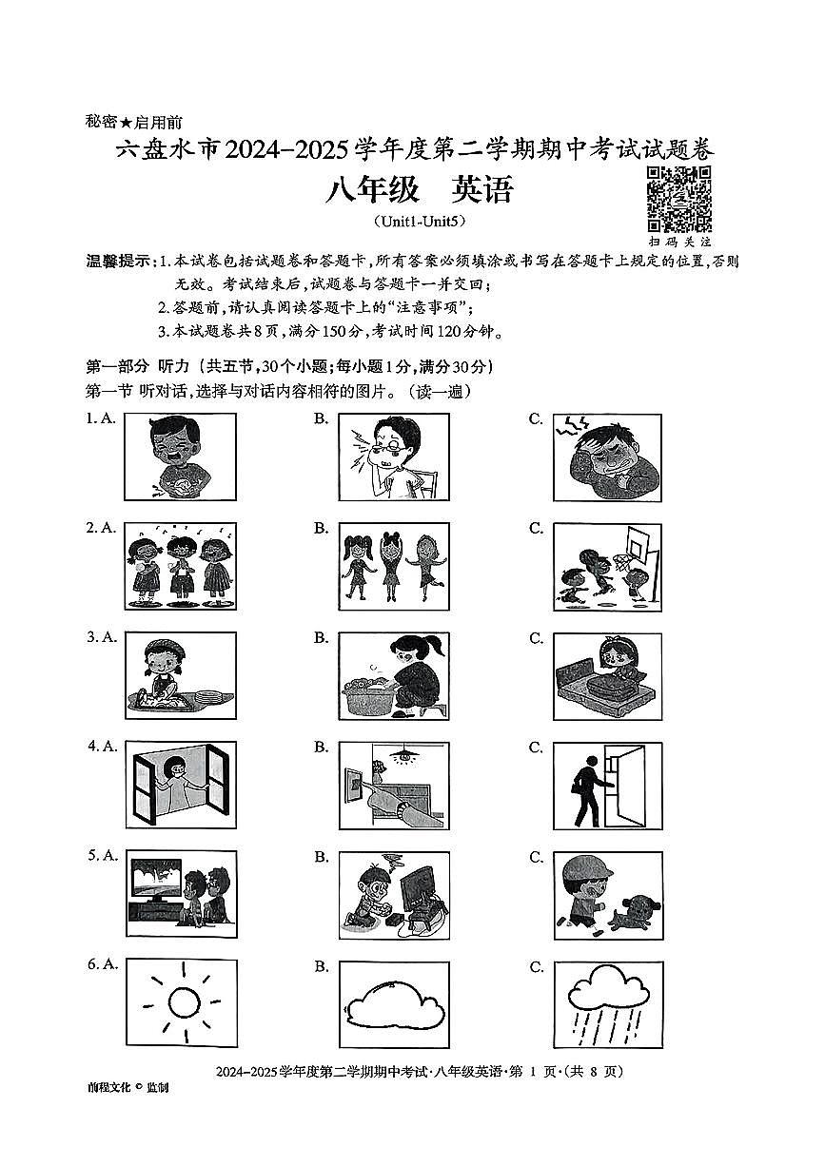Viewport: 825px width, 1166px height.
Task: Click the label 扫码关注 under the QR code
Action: point(678,242)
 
